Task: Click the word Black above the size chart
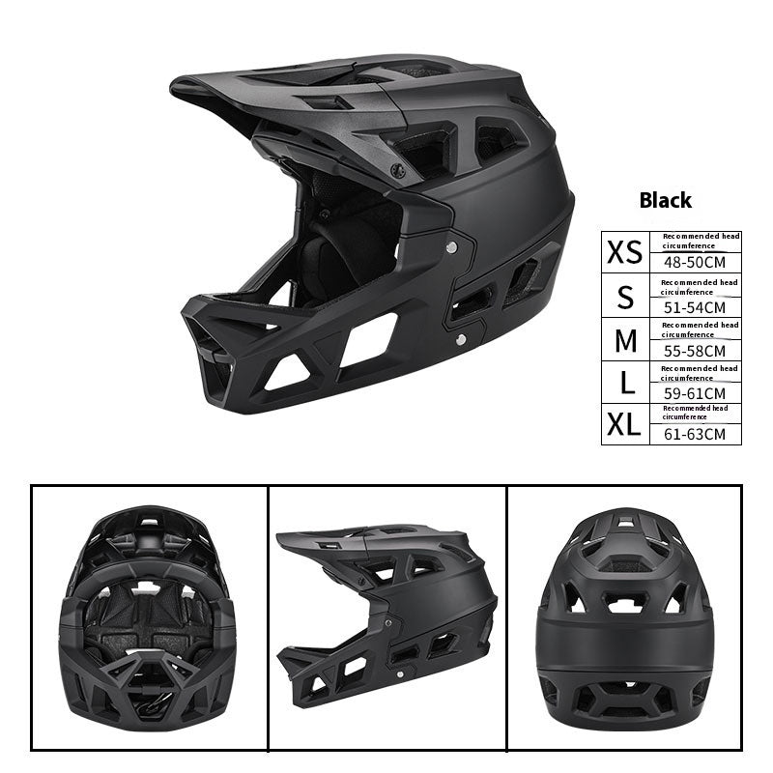pos(665,200)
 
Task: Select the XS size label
pos(624,252)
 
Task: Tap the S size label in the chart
pos(625,297)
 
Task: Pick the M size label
pos(625,340)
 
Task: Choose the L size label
pos(626,383)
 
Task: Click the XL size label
pos(623,424)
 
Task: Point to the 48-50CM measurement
pos(695,262)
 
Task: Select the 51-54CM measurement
pos(695,307)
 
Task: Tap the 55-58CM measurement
pos(695,351)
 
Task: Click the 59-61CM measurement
pos(695,393)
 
